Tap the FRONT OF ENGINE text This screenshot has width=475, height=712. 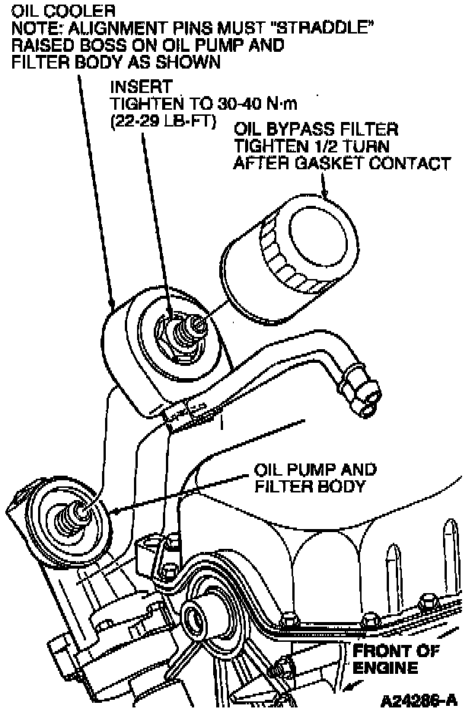[396, 660]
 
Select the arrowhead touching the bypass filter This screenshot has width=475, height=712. [326, 194]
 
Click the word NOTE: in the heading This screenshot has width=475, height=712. [33, 29]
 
